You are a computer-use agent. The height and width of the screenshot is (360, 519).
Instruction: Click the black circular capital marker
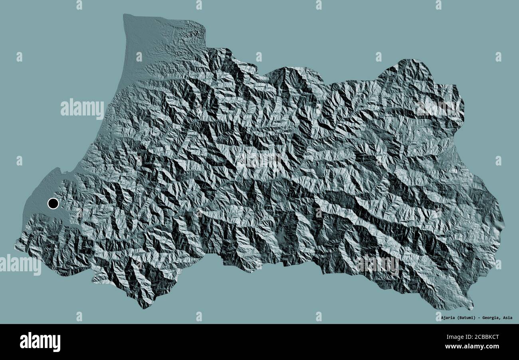(x=53, y=204)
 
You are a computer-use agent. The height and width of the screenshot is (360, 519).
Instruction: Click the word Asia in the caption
(x=507, y=318)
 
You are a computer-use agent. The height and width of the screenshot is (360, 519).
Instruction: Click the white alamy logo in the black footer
(x=40, y=342)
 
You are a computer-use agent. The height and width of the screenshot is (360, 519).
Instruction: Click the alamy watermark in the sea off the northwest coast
(x=82, y=108)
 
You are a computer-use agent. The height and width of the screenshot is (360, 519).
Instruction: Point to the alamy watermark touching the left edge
(x=20, y=265)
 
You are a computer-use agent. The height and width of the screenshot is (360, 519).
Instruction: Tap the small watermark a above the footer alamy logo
(x=79, y=316)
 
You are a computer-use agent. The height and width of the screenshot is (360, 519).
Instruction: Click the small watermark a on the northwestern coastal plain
(x=139, y=57)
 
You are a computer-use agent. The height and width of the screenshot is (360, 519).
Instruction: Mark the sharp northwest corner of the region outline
(x=124, y=15)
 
